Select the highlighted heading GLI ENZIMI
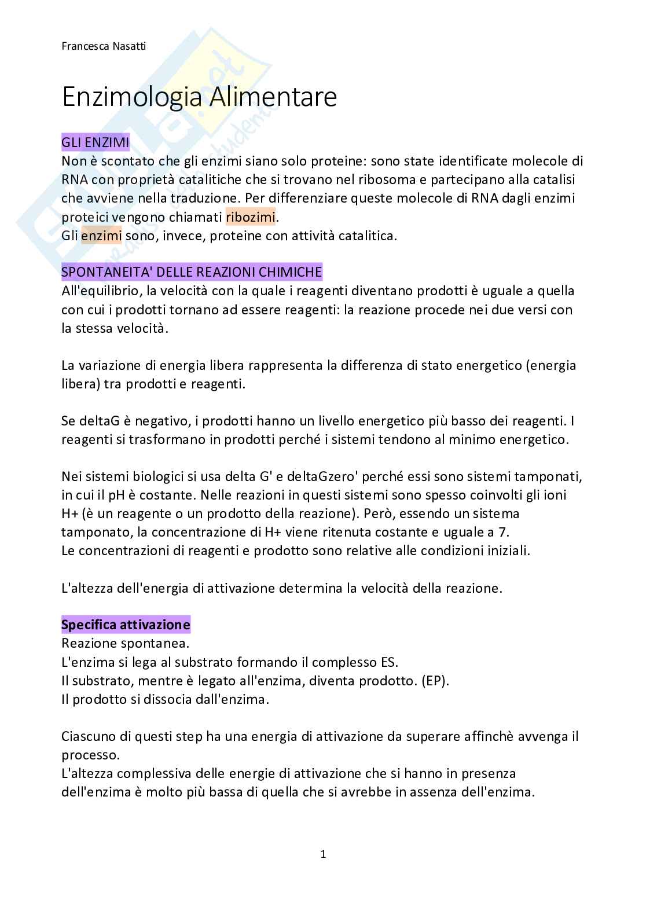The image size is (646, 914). (96, 142)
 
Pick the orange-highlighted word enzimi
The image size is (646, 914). (101, 236)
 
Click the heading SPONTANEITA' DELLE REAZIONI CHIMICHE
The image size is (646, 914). (192, 271)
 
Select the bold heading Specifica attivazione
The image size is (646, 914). (126, 625)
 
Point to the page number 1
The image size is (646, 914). (323, 854)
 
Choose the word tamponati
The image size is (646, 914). (550, 476)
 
